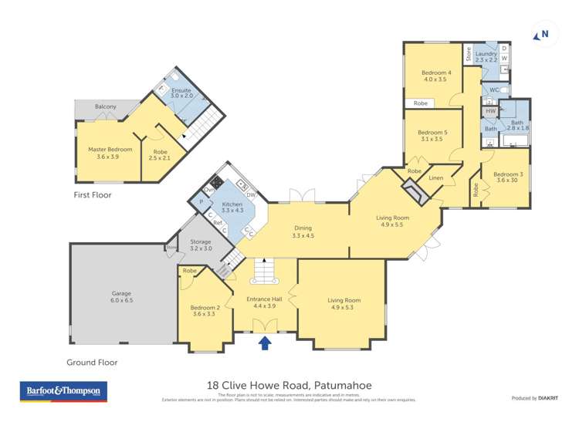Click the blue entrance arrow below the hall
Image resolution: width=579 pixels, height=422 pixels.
265,343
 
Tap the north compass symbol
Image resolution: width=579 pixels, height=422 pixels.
543,34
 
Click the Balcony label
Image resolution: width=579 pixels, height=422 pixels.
106,106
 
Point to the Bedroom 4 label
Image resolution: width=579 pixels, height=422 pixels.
435,76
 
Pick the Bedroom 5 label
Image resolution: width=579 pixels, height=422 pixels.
432,136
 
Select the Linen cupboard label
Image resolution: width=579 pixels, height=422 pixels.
435,179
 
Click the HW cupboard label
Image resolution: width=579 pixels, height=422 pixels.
490,112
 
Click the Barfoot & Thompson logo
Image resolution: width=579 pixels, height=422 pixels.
63,391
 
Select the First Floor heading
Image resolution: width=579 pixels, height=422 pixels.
93,195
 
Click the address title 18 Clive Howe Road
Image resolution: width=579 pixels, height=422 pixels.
289,384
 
